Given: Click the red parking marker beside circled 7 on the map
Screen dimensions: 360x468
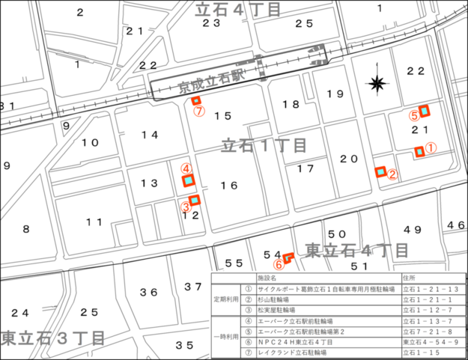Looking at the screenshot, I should click(x=197, y=100).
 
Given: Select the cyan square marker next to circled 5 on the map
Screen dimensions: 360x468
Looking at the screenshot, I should click(x=425, y=112).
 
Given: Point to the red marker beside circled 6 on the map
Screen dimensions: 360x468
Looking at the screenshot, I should click(x=288, y=257).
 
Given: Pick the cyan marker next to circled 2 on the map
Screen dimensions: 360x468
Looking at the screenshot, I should click(x=380, y=173).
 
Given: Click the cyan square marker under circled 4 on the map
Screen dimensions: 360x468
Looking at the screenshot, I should click(x=189, y=180).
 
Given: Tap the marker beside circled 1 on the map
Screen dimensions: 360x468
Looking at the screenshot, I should click(x=420, y=152).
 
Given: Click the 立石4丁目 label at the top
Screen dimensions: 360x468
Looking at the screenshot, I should click(x=237, y=9).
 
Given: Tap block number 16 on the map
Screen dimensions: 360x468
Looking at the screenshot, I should click(x=228, y=186).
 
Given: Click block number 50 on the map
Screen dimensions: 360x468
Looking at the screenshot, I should click(x=337, y=235).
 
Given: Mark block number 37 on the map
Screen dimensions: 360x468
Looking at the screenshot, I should click(x=193, y=287).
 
